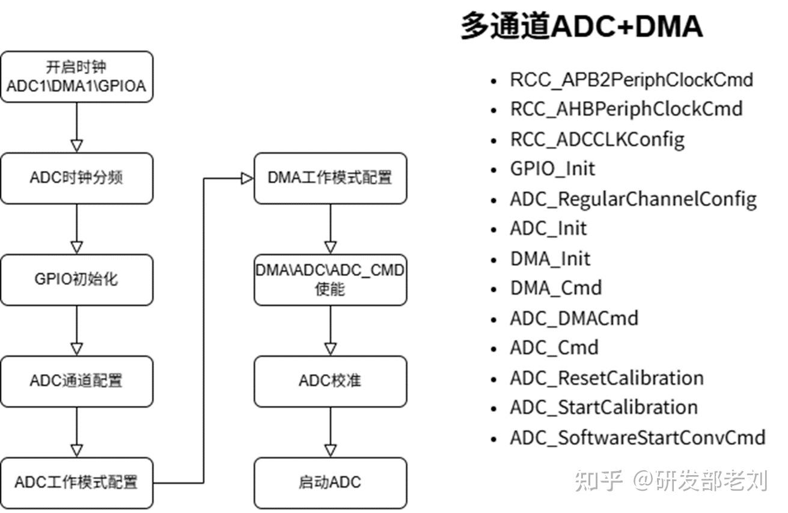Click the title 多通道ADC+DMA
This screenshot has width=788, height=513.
[x=581, y=27]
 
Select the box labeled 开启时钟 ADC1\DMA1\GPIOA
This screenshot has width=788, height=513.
[x=76, y=76]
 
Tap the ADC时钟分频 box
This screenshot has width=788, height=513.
[x=76, y=178]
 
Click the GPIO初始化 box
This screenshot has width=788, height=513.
[x=76, y=280]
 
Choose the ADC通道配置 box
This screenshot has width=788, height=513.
[x=76, y=381]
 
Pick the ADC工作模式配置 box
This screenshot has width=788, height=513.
[x=76, y=482]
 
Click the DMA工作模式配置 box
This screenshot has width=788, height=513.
[x=330, y=178]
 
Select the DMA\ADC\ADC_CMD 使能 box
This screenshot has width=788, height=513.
[x=330, y=280]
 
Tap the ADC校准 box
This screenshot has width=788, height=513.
[x=330, y=381]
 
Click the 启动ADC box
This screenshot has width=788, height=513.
[x=330, y=482]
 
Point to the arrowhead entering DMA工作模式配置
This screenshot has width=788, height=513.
[x=246, y=179]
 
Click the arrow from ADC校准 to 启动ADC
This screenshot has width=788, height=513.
[x=330, y=432]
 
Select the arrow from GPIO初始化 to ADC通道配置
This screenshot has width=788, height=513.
[x=76, y=330]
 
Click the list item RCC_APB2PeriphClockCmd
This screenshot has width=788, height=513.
[x=631, y=79]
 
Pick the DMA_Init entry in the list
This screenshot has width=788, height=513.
[x=550, y=259]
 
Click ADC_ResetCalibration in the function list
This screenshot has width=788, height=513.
[x=606, y=378]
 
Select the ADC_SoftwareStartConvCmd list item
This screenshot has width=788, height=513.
[x=637, y=438]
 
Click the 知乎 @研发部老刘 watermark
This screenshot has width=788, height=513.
[x=671, y=481]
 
